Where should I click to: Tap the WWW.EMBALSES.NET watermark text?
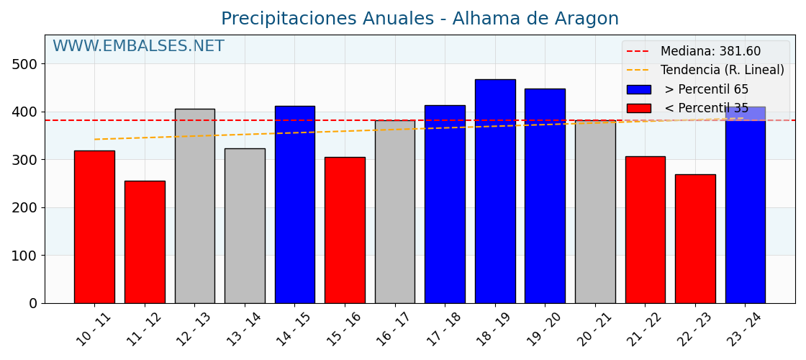pyautogui.click(x=138, y=47)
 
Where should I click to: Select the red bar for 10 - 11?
pyautogui.click(x=94, y=227)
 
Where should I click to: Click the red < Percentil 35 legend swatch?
pyautogui.click(x=638, y=109)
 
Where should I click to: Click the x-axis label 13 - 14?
pyautogui.click(x=244, y=329)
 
